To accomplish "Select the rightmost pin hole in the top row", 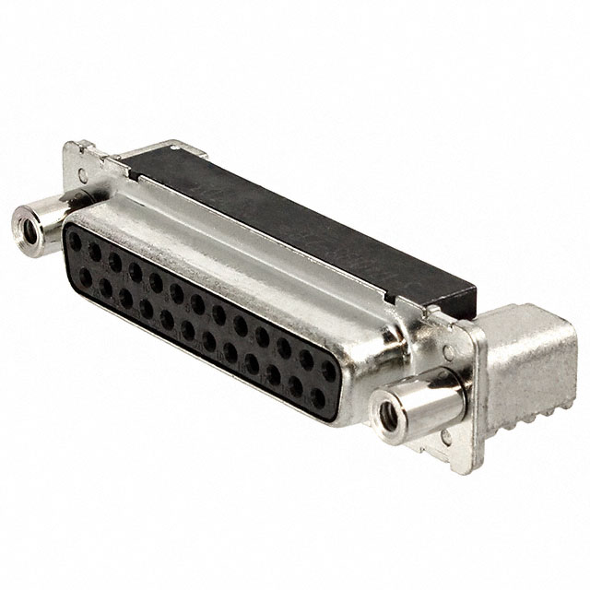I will click(323, 369).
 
